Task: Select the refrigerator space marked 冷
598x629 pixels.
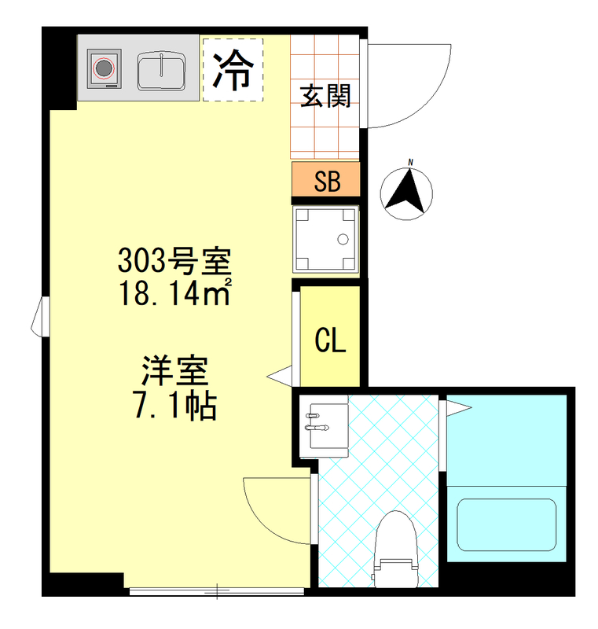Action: point(233,69)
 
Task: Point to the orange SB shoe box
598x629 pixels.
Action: point(326,180)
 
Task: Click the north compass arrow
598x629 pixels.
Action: point(408,192)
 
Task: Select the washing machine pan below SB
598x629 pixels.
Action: point(325,240)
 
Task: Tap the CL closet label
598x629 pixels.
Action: point(330,340)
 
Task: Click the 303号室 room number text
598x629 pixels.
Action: point(174,259)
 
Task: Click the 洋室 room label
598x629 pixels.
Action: point(174,370)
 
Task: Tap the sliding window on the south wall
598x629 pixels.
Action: point(216,590)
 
